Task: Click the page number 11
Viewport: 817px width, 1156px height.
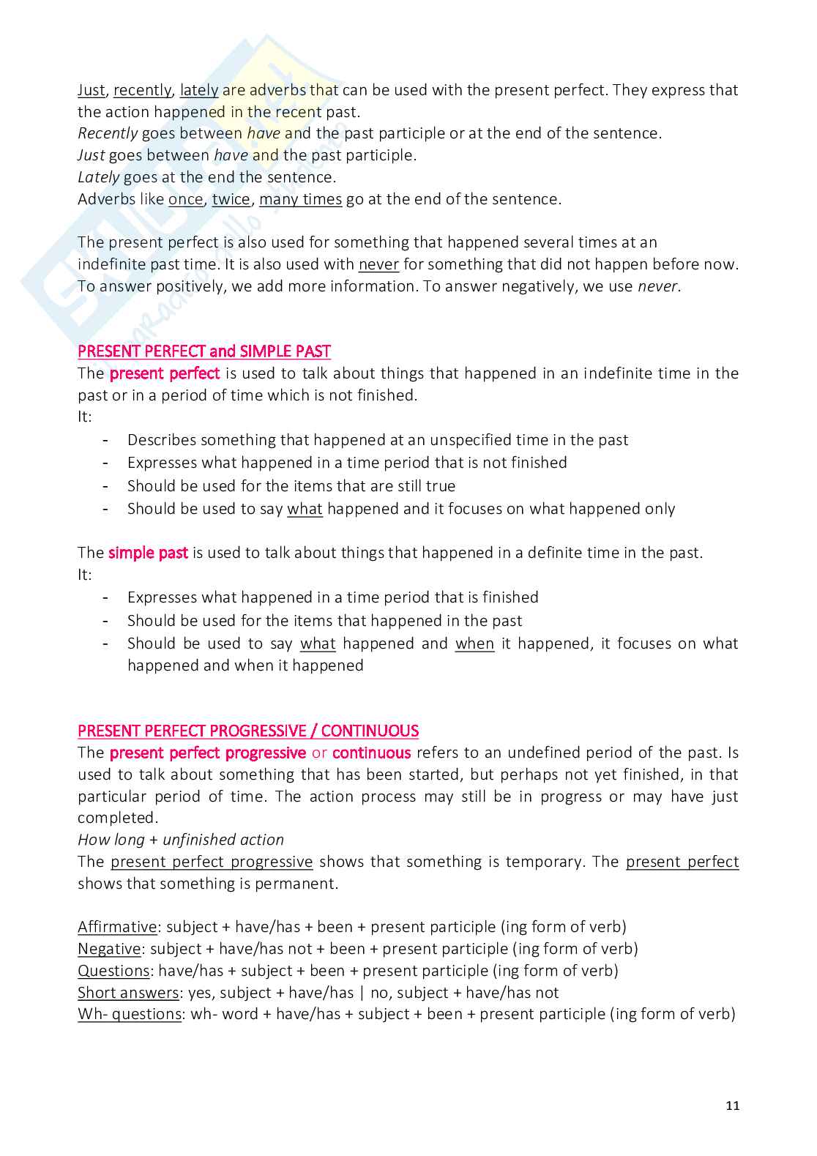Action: [x=732, y=1105]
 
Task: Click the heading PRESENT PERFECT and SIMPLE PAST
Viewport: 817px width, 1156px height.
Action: [x=204, y=351]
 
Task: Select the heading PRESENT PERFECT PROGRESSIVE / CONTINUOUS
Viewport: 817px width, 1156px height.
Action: [x=247, y=731]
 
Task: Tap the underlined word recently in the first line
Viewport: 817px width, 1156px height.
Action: [x=142, y=90]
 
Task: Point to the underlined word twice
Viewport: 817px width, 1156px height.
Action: [x=231, y=199]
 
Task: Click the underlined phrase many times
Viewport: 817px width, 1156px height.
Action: [x=300, y=199]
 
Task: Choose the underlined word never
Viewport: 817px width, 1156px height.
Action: [x=378, y=264]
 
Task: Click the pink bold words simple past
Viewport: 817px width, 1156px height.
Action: [x=148, y=553]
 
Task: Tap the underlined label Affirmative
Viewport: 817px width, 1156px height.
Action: [x=117, y=927]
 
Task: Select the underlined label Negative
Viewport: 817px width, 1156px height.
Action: [x=109, y=949]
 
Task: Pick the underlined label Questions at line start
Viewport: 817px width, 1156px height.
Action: [x=113, y=971]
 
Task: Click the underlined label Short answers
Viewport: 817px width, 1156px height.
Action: [x=128, y=993]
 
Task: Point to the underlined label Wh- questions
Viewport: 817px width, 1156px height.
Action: [x=130, y=1014]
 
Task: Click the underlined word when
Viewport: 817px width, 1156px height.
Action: [x=474, y=644]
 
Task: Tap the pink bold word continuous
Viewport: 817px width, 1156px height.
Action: [x=371, y=753]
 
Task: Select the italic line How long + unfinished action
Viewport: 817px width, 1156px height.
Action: [x=181, y=840]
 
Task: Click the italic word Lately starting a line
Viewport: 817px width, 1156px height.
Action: [x=98, y=177]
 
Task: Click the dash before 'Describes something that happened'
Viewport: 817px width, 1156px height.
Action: [x=106, y=440]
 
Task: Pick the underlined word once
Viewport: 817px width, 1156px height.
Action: [x=185, y=199]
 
